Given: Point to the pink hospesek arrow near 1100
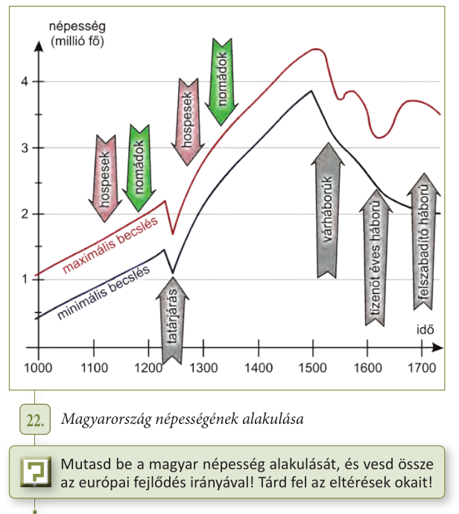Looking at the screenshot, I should coord(103,179).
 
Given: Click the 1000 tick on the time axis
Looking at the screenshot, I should coord(36,368).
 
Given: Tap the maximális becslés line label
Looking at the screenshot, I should coord(112,244).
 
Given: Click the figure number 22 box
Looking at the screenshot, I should coord(34,419).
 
